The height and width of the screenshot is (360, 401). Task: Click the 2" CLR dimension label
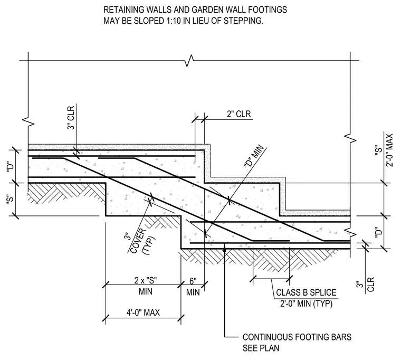click(239, 114)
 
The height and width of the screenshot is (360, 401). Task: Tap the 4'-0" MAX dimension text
click(143, 312)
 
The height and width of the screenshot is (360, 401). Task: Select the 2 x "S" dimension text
click(146, 280)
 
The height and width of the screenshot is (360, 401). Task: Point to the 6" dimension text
click(193, 281)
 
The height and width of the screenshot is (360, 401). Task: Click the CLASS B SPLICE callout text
click(306, 292)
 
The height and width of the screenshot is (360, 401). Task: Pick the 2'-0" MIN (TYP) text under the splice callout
click(306, 304)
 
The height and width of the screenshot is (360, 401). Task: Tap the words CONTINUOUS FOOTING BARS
click(297, 337)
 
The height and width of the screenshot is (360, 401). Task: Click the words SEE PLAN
click(261, 348)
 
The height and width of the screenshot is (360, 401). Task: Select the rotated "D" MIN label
click(253, 156)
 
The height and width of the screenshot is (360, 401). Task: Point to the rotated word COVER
click(138, 241)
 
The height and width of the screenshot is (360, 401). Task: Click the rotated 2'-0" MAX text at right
click(389, 150)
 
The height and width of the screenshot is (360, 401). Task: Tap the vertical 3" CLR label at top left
click(71, 118)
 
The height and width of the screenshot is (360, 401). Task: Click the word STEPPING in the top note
click(243, 21)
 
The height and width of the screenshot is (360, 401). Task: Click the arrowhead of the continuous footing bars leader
click(225, 247)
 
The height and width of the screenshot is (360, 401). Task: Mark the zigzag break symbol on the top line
click(189, 61)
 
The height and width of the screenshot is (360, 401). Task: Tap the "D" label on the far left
click(10, 167)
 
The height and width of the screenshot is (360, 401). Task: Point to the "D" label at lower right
click(379, 232)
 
